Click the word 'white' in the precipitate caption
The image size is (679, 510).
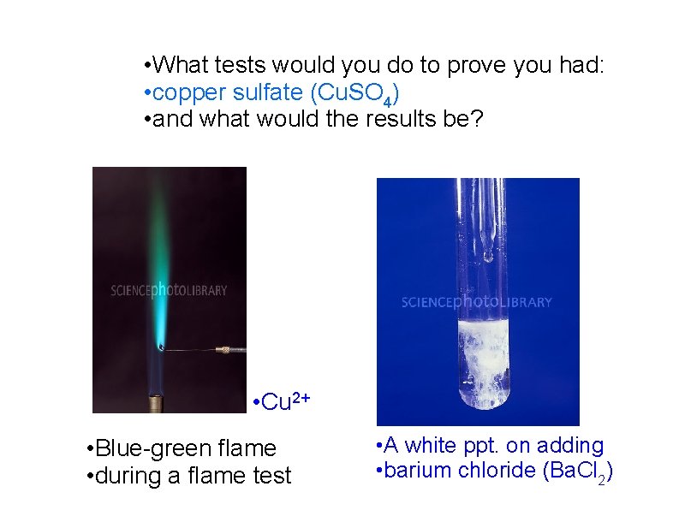coord(437,445)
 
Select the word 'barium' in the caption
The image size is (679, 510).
coord(417,471)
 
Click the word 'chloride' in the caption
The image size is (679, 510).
coord(491,471)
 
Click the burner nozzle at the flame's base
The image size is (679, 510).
coord(157,400)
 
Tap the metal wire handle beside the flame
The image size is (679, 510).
coord(229,350)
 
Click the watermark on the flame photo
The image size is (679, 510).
coord(169,290)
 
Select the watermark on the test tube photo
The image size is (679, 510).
coord(477,302)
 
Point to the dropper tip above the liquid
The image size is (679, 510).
coord(487,254)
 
